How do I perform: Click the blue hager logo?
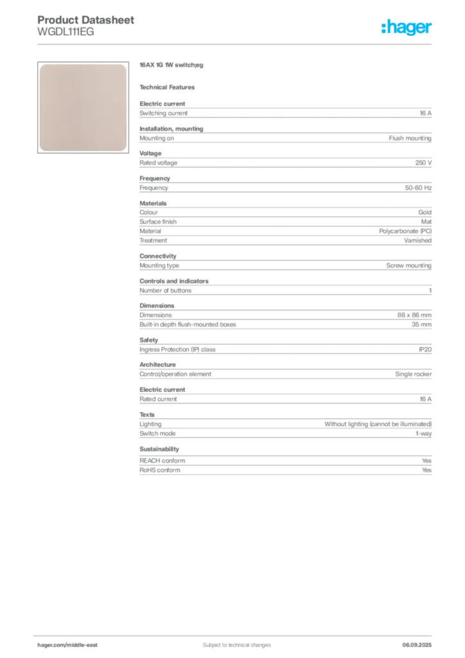pos(407,28)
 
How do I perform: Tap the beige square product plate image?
pos(82,107)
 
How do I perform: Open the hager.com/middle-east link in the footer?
pos(72,645)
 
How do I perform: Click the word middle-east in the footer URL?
pos(83,645)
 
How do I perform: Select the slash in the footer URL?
pos(66,645)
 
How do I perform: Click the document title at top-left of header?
pos(87,20)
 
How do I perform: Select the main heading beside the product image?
pos(171,66)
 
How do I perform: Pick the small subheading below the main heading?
pos(170,87)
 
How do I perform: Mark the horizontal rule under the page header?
pos(236,44)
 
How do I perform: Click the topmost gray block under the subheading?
pos(285,113)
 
